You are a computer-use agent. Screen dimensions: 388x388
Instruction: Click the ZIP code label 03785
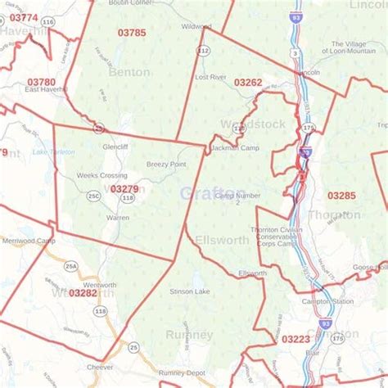[x=132, y=34]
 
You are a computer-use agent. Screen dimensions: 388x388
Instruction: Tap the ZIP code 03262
[x=248, y=83]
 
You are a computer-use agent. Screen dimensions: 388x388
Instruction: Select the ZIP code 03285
[x=341, y=196]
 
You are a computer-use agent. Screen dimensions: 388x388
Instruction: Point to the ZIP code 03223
[x=296, y=338]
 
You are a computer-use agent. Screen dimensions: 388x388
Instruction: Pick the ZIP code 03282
[x=83, y=292]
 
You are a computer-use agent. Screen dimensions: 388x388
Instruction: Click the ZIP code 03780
[x=41, y=82]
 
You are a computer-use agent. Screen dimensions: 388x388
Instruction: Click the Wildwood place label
[x=196, y=26]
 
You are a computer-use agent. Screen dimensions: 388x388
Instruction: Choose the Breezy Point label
[x=166, y=164]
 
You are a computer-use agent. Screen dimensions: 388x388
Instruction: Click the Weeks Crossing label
[x=102, y=175]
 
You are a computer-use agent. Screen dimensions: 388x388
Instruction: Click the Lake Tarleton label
[x=53, y=152]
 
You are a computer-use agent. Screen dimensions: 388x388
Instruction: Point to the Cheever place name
[x=99, y=368]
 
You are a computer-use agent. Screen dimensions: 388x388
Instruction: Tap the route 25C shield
[x=93, y=197]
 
